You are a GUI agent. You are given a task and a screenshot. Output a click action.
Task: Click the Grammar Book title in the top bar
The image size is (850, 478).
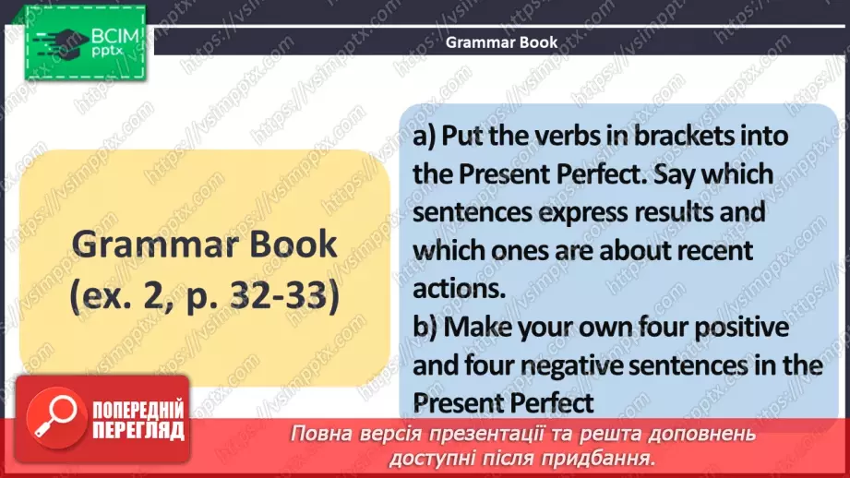(x=501, y=42)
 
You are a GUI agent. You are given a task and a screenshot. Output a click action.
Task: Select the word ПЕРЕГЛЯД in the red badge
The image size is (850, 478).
(x=138, y=430)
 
